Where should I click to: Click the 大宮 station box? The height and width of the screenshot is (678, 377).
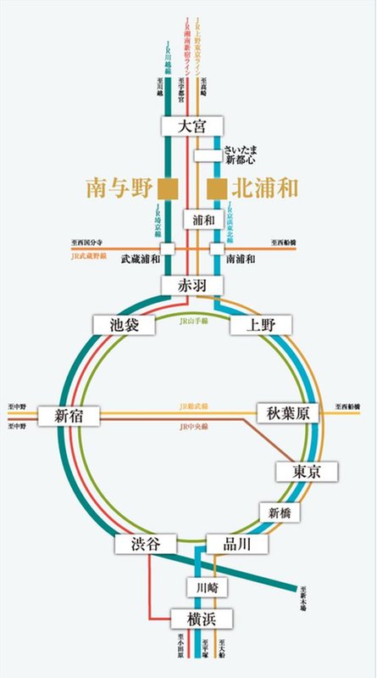(x=192, y=126)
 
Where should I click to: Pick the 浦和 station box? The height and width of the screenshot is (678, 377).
(x=202, y=220)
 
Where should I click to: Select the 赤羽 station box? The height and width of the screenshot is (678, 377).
(x=192, y=286)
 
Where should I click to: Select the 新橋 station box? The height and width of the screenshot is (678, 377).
(x=280, y=512)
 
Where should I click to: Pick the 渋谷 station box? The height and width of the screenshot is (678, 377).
(x=146, y=544)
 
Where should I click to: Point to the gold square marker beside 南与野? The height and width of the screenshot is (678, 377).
(x=172, y=187)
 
